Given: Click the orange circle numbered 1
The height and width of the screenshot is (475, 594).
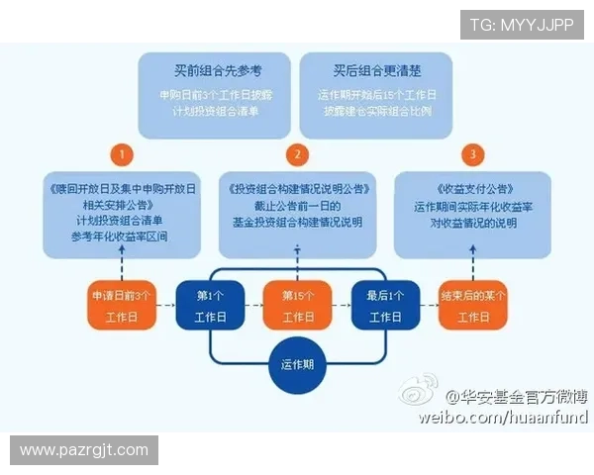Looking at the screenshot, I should pos(121,154).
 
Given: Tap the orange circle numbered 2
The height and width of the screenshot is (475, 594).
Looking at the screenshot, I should pos(296,154).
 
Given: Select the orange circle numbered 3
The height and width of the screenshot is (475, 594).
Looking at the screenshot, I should pos(473,154).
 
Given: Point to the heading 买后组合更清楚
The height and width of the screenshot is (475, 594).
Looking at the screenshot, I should pos(376,71).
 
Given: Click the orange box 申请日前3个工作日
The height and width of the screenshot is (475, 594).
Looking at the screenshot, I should pos(122,305).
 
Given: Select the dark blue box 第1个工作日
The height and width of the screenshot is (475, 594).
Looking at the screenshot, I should pos(209,305).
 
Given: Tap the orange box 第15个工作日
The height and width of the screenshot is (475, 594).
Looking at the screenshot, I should pos(297,305).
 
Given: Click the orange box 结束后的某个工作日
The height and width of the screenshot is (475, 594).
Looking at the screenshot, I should pos(473,305).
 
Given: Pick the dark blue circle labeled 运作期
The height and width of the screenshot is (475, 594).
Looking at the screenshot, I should pos(297,364).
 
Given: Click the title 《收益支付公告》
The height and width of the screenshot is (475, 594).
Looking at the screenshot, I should pos(473,188).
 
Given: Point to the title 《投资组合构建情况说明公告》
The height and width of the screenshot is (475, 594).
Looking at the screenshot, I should pos(297,188).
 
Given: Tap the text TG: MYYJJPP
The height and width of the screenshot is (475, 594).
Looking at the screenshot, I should pos(521,24).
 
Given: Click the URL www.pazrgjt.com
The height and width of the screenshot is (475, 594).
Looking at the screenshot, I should pos(83,450).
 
